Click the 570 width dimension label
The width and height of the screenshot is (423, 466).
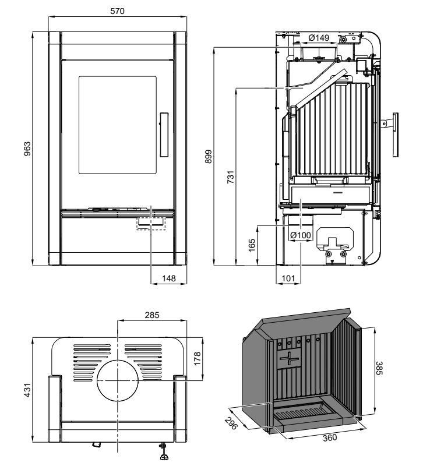coord(118,11)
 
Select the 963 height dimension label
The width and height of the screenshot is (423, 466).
coord(27,149)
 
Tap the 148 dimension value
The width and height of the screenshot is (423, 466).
coord(169,278)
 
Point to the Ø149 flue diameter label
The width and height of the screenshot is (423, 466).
coord(319,38)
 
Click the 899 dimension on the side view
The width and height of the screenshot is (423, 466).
coord(209,156)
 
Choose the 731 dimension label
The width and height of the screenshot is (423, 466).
coord(231,177)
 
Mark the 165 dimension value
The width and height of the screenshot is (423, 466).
coord(252,245)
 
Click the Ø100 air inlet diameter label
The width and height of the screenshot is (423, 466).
coord(301,235)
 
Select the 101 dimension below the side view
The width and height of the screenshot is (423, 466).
coord(288,278)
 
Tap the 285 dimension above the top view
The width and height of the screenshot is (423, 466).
coord(152,315)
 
